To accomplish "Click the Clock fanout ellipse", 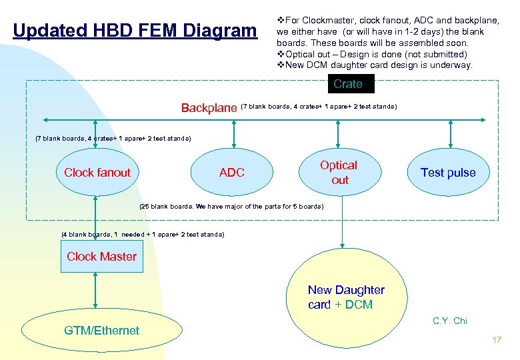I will click(x=97, y=173).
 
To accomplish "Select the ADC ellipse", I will click(x=232, y=173).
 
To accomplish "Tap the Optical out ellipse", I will click(x=339, y=172).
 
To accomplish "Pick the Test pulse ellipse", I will click(x=448, y=173).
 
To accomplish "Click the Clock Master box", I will click(x=101, y=257).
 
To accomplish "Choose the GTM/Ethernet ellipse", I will click(x=101, y=330).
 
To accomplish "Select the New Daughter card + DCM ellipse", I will click(x=346, y=297).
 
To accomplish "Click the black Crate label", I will click(x=348, y=84).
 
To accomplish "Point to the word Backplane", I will click(x=209, y=108).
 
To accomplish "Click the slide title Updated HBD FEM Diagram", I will click(x=134, y=31).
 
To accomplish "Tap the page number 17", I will click(x=496, y=341).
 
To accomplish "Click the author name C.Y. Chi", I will click(x=450, y=321).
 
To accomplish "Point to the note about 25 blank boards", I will click(x=231, y=207).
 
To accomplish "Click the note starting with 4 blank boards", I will click(x=143, y=235).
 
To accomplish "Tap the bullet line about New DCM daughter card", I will click(x=375, y=65).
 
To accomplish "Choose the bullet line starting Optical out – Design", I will click(x=372, y=54).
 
